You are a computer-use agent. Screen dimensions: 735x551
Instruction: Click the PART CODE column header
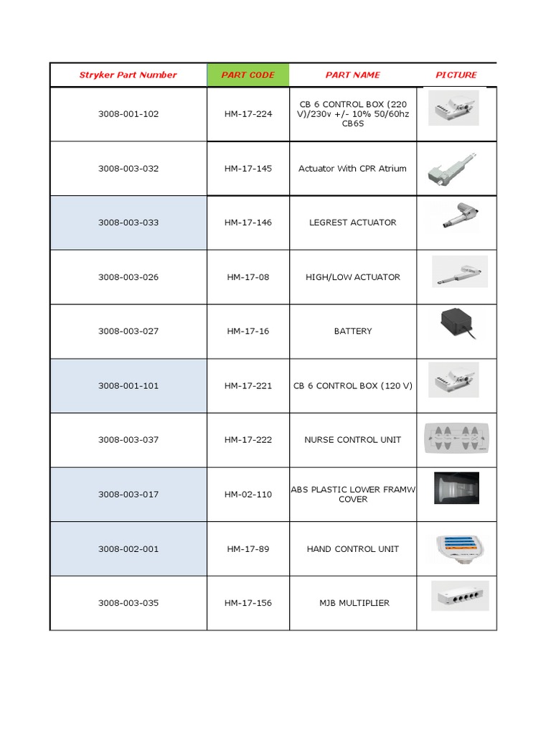point(248,75)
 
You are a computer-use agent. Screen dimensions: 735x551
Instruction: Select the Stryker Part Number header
point(128,75)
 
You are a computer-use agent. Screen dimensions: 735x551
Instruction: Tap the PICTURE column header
point(456,75)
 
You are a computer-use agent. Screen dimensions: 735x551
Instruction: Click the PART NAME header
point(352,75)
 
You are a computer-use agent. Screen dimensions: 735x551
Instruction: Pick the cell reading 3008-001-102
point(128,114)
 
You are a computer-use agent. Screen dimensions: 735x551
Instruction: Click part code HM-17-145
point(248,169)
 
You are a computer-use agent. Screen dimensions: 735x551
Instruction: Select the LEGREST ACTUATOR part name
point(352,223)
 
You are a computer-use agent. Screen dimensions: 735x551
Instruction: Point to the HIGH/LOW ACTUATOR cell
point(352,277)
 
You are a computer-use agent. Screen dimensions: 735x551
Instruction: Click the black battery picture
point(458,324)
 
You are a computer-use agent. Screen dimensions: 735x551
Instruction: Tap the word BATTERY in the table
point(352,331)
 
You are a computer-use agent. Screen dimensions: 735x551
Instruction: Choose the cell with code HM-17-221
point(248,385)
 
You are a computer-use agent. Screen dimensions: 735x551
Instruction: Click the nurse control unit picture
point(458,438)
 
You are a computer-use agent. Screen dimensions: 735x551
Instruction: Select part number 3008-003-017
point(128,494)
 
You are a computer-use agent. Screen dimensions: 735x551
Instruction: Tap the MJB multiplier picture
point(459,596)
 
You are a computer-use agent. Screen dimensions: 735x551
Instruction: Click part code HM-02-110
point(248,494)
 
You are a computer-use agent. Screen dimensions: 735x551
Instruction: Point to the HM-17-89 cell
point(248,548)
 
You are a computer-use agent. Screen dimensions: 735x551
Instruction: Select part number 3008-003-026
point(128,277)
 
